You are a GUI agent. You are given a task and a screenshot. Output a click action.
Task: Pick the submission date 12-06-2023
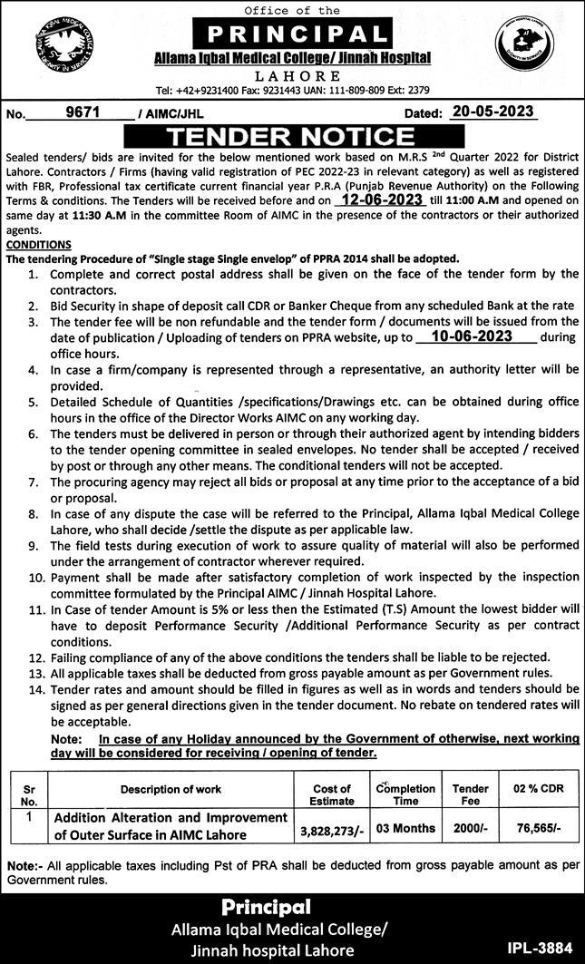[378, 200]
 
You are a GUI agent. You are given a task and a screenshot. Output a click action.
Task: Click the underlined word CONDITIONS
[38, 244]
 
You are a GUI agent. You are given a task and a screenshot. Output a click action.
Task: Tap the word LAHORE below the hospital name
[295, 76]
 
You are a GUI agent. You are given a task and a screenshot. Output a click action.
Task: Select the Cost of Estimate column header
[332, 795]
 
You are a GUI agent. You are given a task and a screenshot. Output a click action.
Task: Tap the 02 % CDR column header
[538, 789]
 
